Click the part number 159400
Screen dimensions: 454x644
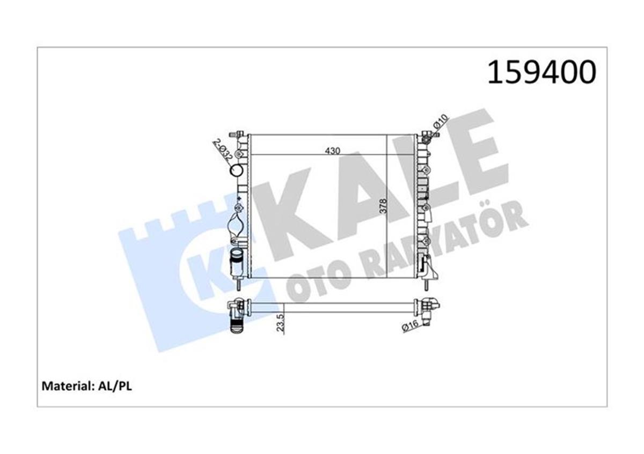tap(541, 72)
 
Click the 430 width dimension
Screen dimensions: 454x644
tap(332, 151)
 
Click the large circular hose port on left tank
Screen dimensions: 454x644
tap(236, 171)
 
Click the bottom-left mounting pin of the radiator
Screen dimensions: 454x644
tap(237, 281)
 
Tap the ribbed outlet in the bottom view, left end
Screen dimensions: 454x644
tap(237, 324)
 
